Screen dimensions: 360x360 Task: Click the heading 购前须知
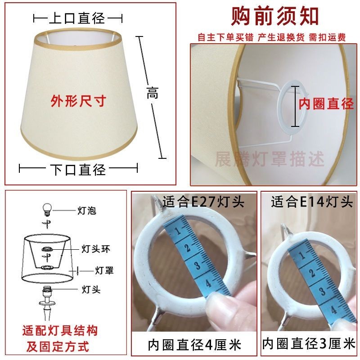(x=274, y=16)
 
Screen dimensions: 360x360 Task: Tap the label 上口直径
(x=77, y=18)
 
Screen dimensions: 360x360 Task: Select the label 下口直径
(x=77, y=170)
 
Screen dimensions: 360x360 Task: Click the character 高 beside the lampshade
(x=153, y=93)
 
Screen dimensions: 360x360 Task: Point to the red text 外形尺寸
(x=78, y=101)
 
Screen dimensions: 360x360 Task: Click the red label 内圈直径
(x=326, y=103)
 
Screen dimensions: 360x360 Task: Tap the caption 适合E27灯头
(x=203, y=202)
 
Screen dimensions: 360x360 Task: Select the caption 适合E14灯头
(x=311, y=202)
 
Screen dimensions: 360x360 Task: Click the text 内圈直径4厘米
(x=194, y=345)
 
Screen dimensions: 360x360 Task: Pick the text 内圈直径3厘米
(x=309, y=343)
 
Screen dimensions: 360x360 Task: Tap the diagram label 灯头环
(x=96, y=249)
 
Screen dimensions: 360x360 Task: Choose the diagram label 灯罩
(x=104, y=270)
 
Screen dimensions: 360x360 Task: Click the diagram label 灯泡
(x=86, y=211)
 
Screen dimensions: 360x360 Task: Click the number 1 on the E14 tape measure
(x=302, y=255)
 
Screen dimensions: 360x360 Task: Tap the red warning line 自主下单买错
(x=225, y=37)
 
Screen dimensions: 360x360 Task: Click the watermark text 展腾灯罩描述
(x=269, y=159)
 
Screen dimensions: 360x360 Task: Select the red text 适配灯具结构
(x=60, y=331)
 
